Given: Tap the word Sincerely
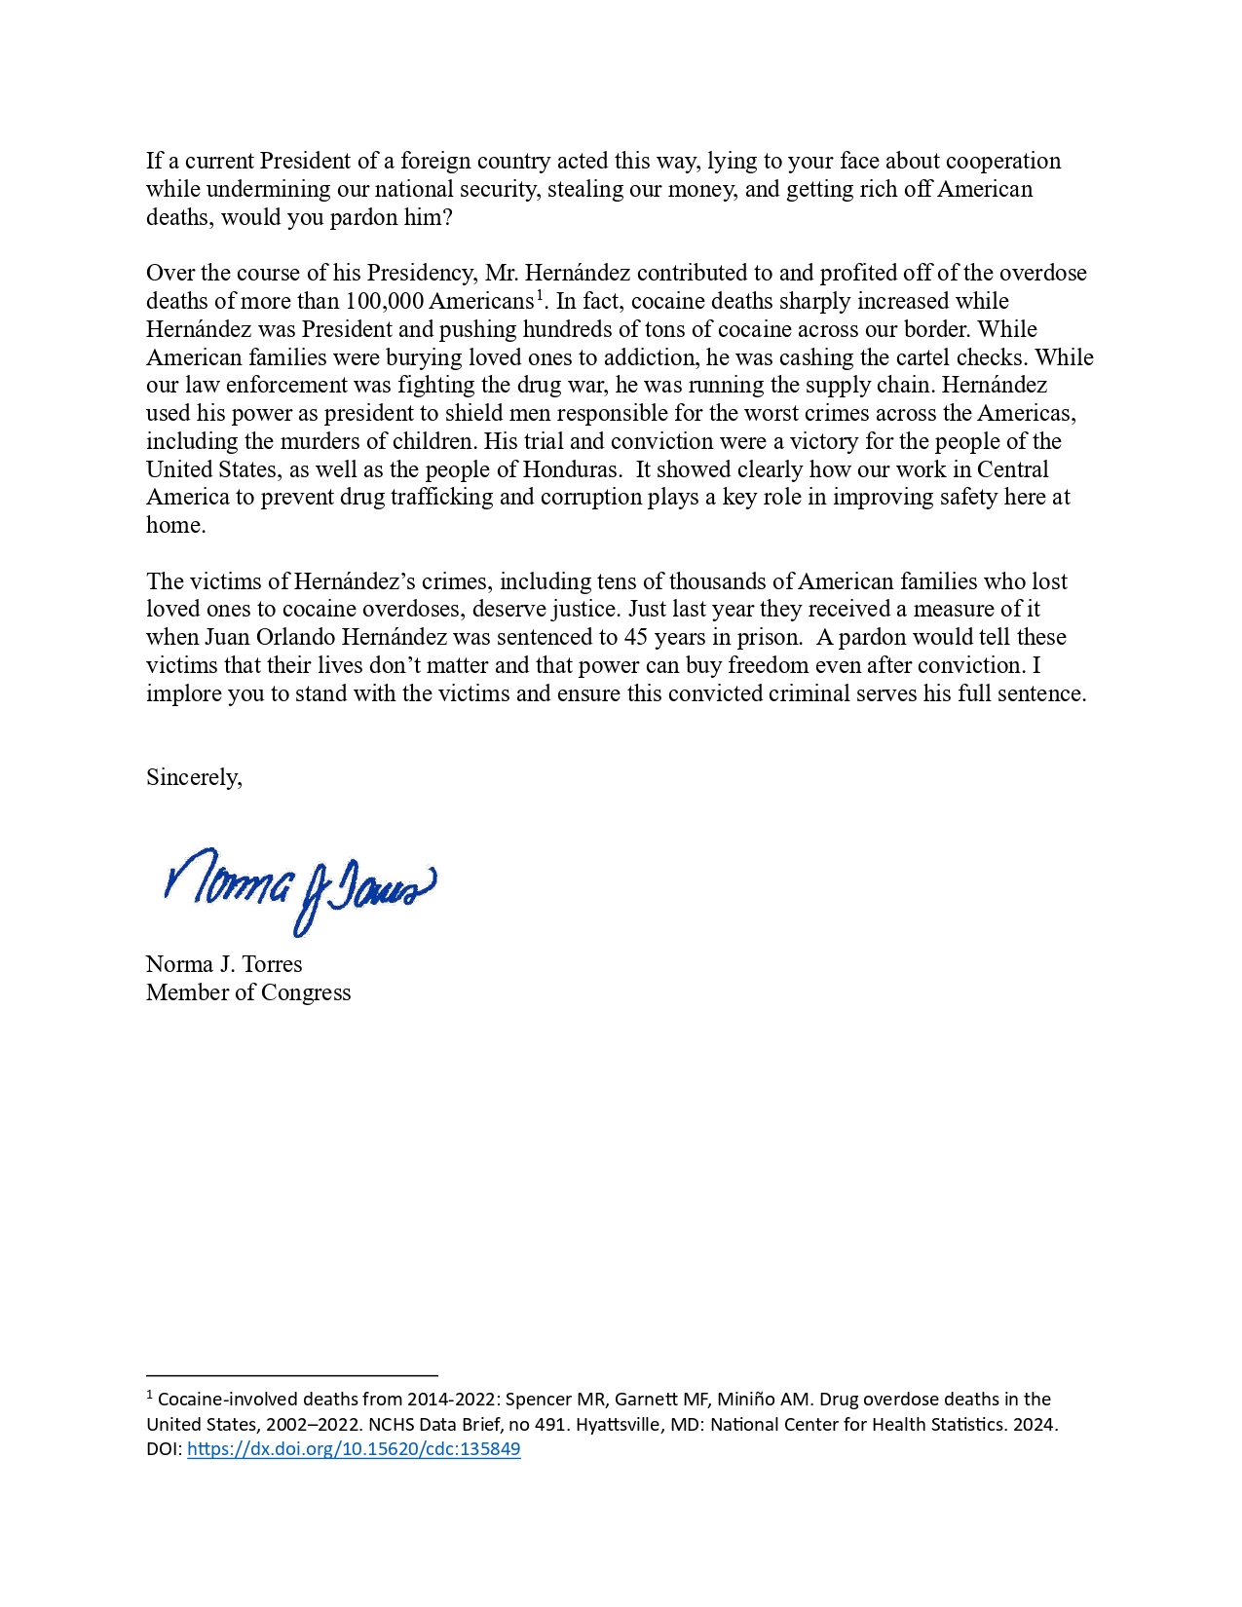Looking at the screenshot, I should pos(193,777).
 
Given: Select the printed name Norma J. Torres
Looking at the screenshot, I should pos(224,964).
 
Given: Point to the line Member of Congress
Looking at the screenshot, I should pos(248,992).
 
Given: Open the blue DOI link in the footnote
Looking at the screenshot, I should pos(354,1449).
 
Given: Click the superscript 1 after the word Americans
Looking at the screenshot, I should pos(540,295).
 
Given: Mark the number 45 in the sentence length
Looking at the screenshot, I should pos(636,638).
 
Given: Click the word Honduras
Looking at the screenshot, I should pos(571,469).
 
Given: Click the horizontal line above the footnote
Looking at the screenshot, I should pos(291,1375).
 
